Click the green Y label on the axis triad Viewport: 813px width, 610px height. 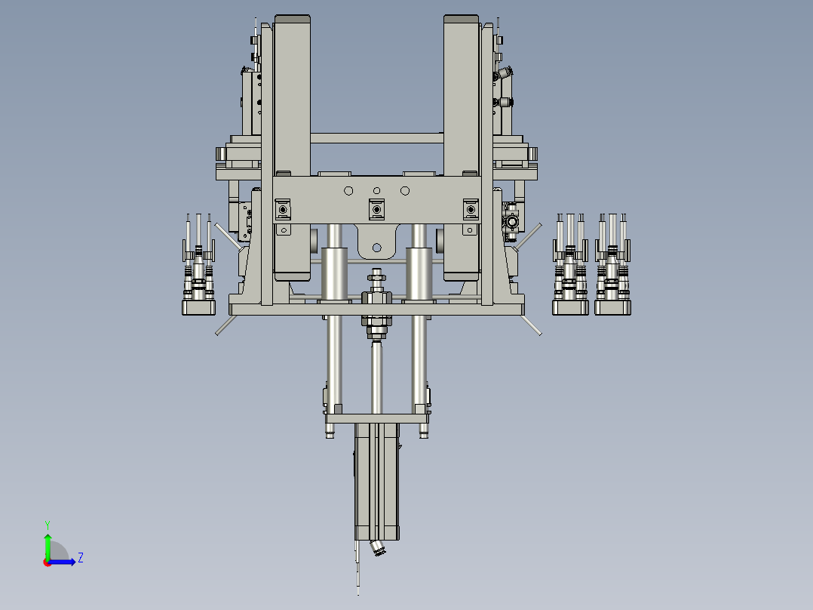pyautogui.click(x=48, y=523)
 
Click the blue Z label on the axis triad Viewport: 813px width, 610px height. pyautogui.click(x=80, y=558)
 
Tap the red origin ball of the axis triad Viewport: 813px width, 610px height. pyautogui.click(x=48, y=562)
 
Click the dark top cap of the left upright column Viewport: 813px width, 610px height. pyautogui.click(x=292, y=18)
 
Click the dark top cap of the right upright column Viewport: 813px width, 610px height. pyautogui.click(x=462, y=18)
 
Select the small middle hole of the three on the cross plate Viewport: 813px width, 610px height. pyautogui.click(x=376, y=190)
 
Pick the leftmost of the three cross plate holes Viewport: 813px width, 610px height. pyautogui.click(x=348, y=190)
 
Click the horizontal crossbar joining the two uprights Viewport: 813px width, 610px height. pyautogui.click(x=376, y=138)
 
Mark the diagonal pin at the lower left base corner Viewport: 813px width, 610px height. pyautogui.click(x=225, y=325)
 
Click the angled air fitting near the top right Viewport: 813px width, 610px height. pyautogui.click(x=503, y=73)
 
